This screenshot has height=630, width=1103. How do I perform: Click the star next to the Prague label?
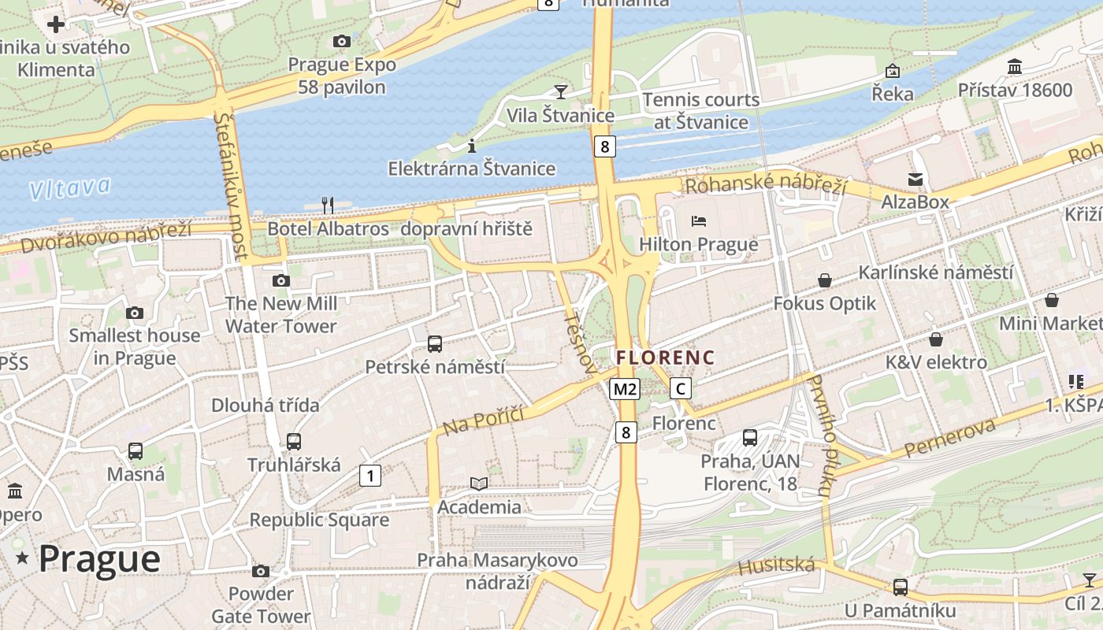(23, 558)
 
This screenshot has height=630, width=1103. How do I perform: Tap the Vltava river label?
(69, 187)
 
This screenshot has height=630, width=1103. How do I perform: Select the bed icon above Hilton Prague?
(698, 221)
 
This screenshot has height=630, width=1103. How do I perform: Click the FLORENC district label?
(665, 358)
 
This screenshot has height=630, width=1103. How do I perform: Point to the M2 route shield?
(625, 388)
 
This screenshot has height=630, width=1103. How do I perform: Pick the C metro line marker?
(681, 388)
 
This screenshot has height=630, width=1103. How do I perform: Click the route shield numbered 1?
(370, 475)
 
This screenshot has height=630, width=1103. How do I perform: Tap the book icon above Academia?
(479, 484)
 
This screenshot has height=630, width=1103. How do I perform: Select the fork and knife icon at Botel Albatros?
(328, 206)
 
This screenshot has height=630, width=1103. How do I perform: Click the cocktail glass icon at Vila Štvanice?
(560, 92)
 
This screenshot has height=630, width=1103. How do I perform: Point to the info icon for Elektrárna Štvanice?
(471, 146)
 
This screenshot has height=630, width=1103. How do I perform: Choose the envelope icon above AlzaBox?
(915, 180)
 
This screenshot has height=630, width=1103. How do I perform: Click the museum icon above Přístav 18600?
(1015, 67)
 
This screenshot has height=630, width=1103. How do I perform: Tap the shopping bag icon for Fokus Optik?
(824, 280)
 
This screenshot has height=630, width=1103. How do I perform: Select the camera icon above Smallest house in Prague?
(135, 313)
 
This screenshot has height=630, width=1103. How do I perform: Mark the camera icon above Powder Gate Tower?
(261, 571)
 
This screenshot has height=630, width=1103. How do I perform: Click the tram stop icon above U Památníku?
(900, 587)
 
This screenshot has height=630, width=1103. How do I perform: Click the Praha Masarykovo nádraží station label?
(497, 571)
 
